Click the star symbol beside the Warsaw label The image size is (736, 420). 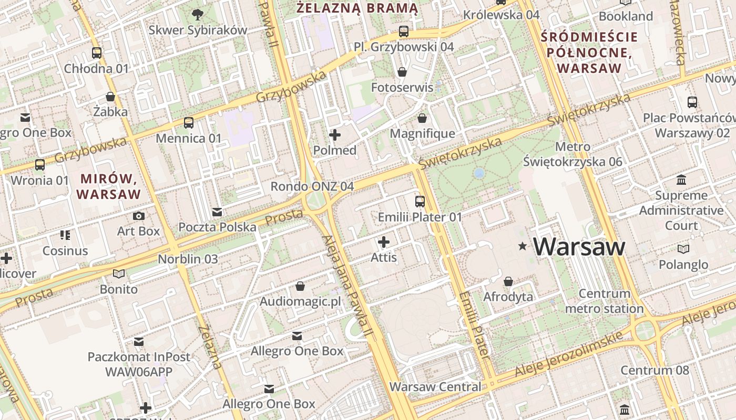523,246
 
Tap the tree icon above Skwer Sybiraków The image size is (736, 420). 198,14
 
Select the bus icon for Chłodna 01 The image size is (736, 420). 97,52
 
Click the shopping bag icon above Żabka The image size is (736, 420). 110,97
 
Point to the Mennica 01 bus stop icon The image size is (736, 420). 189,123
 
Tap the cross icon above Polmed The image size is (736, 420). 334,135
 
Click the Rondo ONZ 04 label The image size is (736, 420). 312,186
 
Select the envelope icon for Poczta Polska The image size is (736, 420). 217,212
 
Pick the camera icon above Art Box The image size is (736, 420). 139,216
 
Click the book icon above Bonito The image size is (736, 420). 119,274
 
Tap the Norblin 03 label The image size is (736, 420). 188,259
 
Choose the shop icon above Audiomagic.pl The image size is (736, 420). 300,286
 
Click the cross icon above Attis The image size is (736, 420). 384,242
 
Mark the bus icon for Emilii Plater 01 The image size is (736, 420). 420,202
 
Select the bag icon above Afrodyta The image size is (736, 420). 508,281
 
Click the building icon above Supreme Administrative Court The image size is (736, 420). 681,180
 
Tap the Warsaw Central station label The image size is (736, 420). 435,387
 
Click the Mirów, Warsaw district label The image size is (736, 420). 109,186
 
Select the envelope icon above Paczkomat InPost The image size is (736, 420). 139,342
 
